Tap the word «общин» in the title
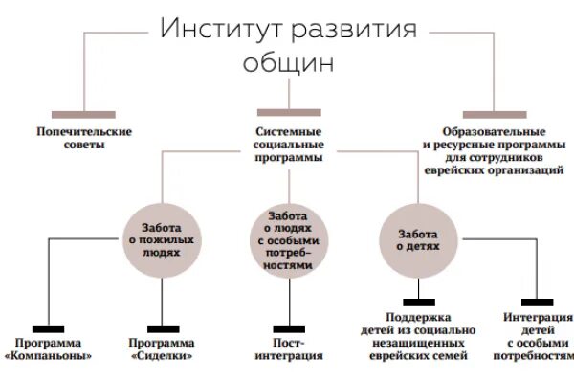click(x=288, y=64)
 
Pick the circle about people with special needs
click(x=288, y=240)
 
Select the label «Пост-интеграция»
click(x=288, y=349)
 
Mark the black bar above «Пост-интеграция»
click(x=288, y=328)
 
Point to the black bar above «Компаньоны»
click(x=48, y=328)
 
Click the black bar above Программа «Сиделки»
click(x=162, y=328)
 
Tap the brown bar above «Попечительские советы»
click(x=83, y=113)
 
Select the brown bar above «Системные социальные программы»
click(x=288, y=113)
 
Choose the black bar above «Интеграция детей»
click(x=537, y=303)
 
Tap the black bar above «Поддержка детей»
click(x=418, y=303)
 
